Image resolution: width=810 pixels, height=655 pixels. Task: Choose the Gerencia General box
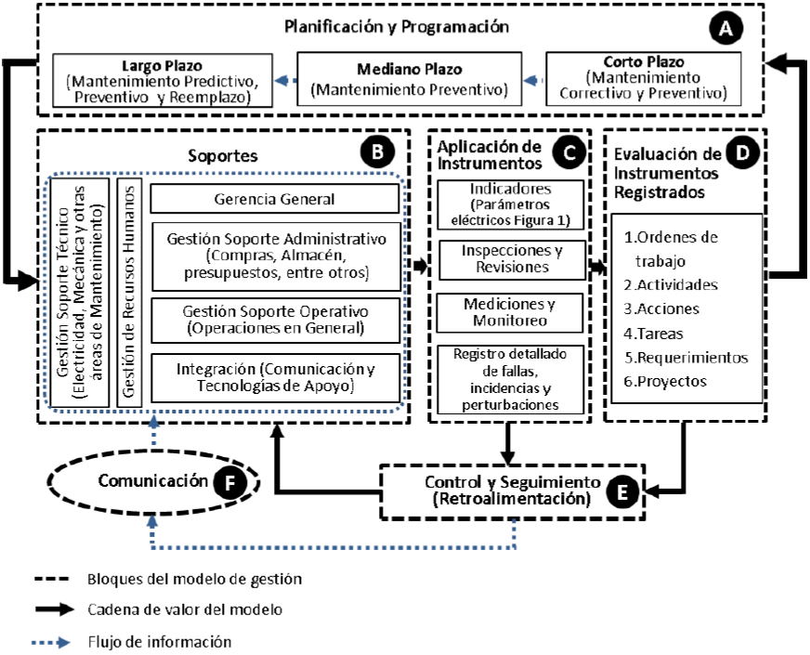(274, 199)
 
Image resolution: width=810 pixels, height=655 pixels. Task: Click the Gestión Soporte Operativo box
(274, 318)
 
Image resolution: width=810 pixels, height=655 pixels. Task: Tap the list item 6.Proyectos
(667, 381)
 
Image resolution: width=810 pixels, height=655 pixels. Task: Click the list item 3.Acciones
(661, 308)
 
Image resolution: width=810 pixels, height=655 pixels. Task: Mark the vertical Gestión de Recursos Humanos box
(129, 290)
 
